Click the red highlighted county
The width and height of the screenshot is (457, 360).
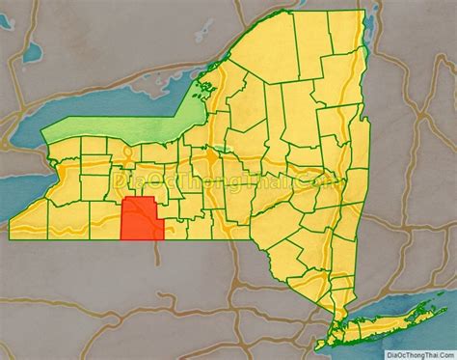141,219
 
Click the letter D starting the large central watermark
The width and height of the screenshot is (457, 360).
120,180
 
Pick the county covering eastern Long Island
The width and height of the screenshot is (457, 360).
400,321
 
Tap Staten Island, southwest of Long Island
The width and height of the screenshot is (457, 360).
323,342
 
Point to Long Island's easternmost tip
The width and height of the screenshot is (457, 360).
446,297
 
